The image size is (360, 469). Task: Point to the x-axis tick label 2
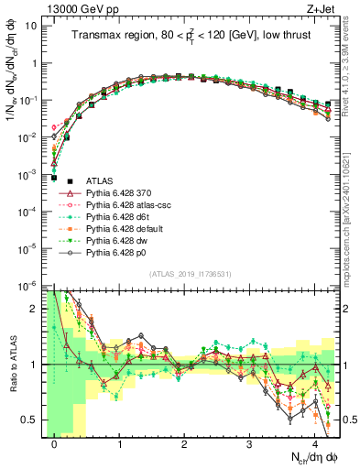pyautogui.click(x=185, y=444)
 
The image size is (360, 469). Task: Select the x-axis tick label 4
pyautogui.click(x=315, y=444)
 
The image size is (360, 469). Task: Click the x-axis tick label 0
pyautogui.click(x=55, y=444)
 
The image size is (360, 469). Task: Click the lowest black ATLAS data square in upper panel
pyautogui.click(x=55, y=178)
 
